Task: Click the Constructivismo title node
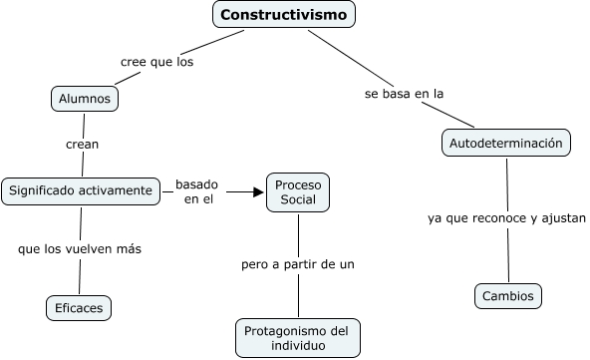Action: point(284,15)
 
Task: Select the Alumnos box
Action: point(85,98)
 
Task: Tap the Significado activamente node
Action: point(80,189)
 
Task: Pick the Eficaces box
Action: point(79,307)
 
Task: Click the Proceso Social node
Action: point(298,192)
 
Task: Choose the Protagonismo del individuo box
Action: point(298,338)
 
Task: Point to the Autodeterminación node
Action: point(506,143)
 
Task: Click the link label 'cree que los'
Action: point(156,61)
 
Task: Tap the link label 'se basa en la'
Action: point(402,94)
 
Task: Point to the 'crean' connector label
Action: point(82,144)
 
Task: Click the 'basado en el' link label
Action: point(197,191)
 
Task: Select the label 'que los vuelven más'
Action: point(79,248)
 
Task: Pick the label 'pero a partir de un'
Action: point(298,264)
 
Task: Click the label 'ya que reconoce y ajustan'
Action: point(506,217)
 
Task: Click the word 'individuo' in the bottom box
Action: point(298,346)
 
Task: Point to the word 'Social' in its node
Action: point(298,200)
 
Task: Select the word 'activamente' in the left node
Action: point(116,189)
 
